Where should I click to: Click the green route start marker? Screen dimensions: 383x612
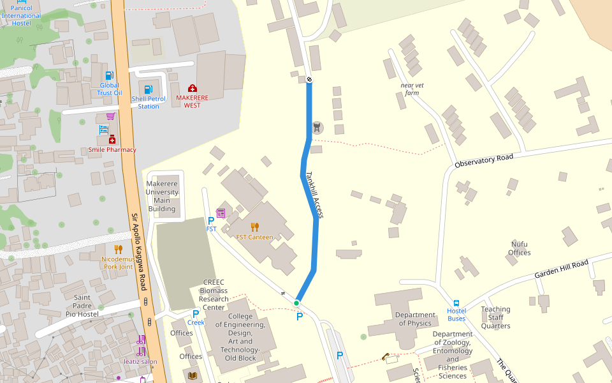pos(297,303)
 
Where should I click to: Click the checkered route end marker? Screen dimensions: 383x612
pos(309,80)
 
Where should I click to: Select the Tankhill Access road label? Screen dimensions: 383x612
pos(315,195)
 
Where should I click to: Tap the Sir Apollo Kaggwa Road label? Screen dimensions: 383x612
pos(139,252)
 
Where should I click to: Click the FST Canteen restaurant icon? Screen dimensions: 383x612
pos(255,227)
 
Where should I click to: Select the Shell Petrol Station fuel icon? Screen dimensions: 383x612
pos(149,89)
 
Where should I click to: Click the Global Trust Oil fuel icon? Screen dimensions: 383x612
pos(109,76)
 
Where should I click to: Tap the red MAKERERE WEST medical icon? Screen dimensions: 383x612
pos(192,88)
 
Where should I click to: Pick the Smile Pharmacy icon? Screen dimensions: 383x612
pos(112,140)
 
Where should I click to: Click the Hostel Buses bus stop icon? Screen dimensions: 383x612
pos(456,303)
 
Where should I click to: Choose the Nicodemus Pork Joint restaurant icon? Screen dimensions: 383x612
pos(118,249)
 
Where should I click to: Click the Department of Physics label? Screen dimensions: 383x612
pos(414,319)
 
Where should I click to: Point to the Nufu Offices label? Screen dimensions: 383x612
pos(520,248)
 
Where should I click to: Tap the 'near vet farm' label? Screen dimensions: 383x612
pos(412,89)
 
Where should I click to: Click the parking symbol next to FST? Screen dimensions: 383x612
pos(211,220)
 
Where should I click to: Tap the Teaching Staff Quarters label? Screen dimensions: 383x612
pos(495,317)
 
